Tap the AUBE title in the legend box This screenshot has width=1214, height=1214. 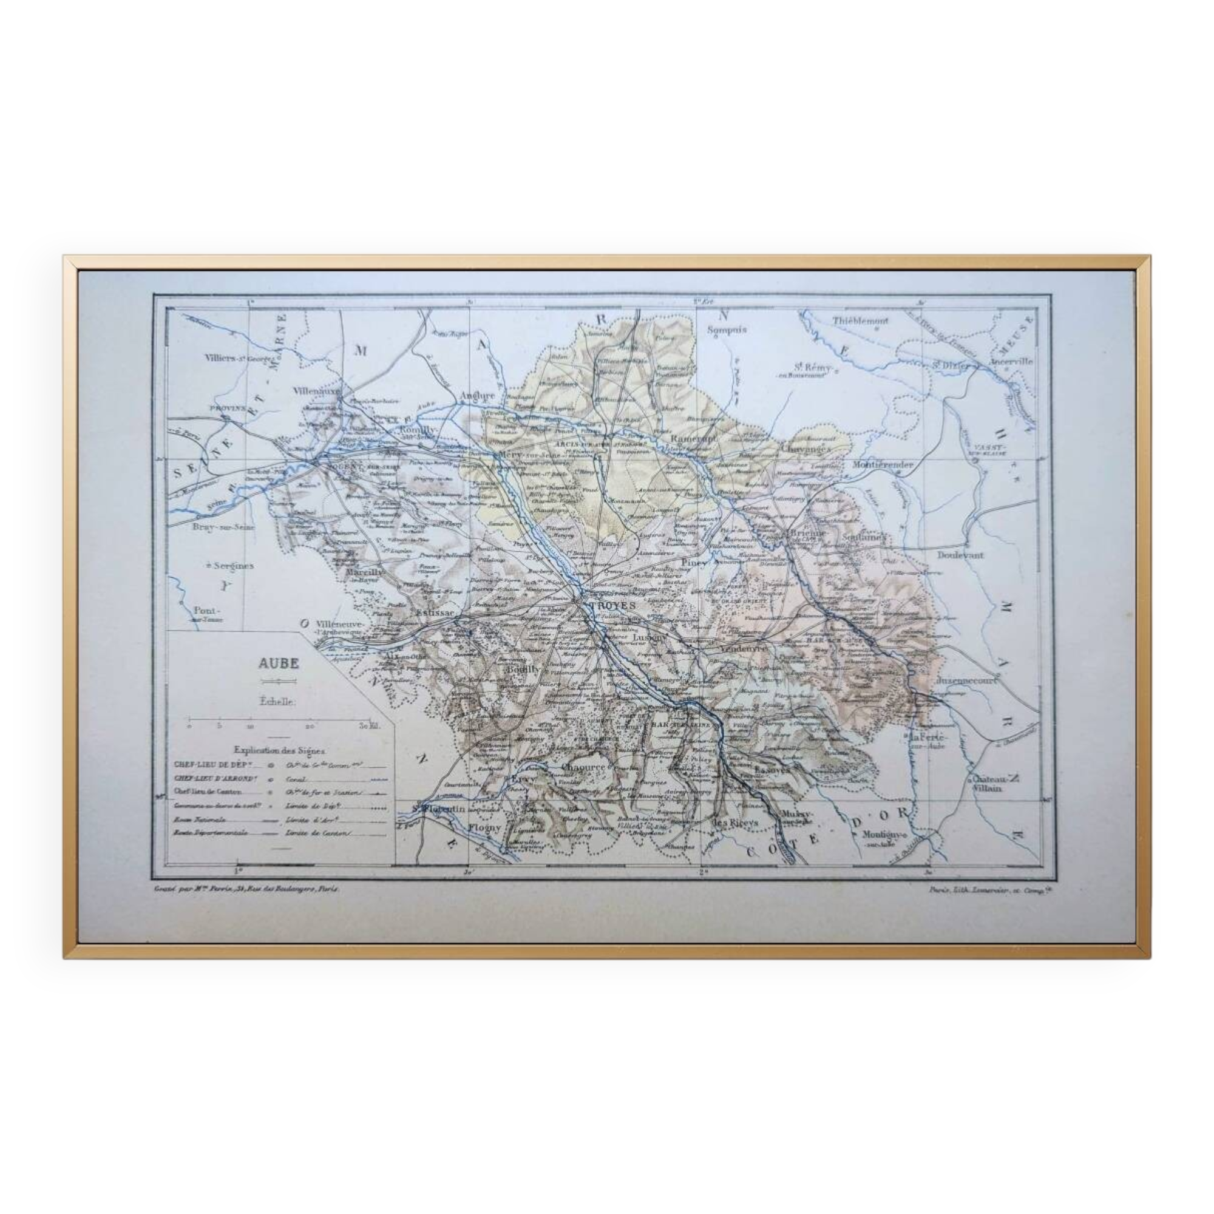pyautogui.click(x=277, y=662)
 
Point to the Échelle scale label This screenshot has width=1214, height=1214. pyautogui.click(x=277, y=702)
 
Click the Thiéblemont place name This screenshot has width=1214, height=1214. pyautogui.click(x=860, y=320)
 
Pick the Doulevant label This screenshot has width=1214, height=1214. pyautogui.click(x=960, y=555)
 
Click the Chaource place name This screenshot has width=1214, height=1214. pyautogui.click(x=584, y=767)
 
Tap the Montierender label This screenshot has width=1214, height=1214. pyautogui.click(x=882, y=465)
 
